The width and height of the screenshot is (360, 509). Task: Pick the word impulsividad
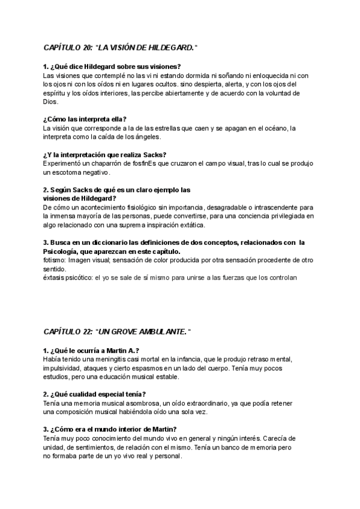tap(63, 368)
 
